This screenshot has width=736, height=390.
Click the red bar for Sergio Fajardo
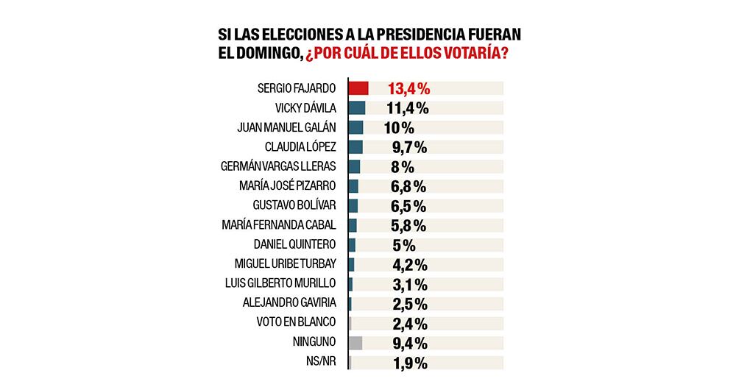(x=358, y=88)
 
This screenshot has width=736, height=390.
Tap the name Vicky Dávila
(x=305, y=108)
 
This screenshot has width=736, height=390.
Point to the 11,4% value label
(x=407, y=108)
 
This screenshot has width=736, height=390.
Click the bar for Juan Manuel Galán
(x=355, y=127)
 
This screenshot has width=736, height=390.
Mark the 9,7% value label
(x=405, y=146)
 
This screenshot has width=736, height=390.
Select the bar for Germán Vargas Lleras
(x=354, y=166)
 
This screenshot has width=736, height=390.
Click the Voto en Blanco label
(x=296, y=322)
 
